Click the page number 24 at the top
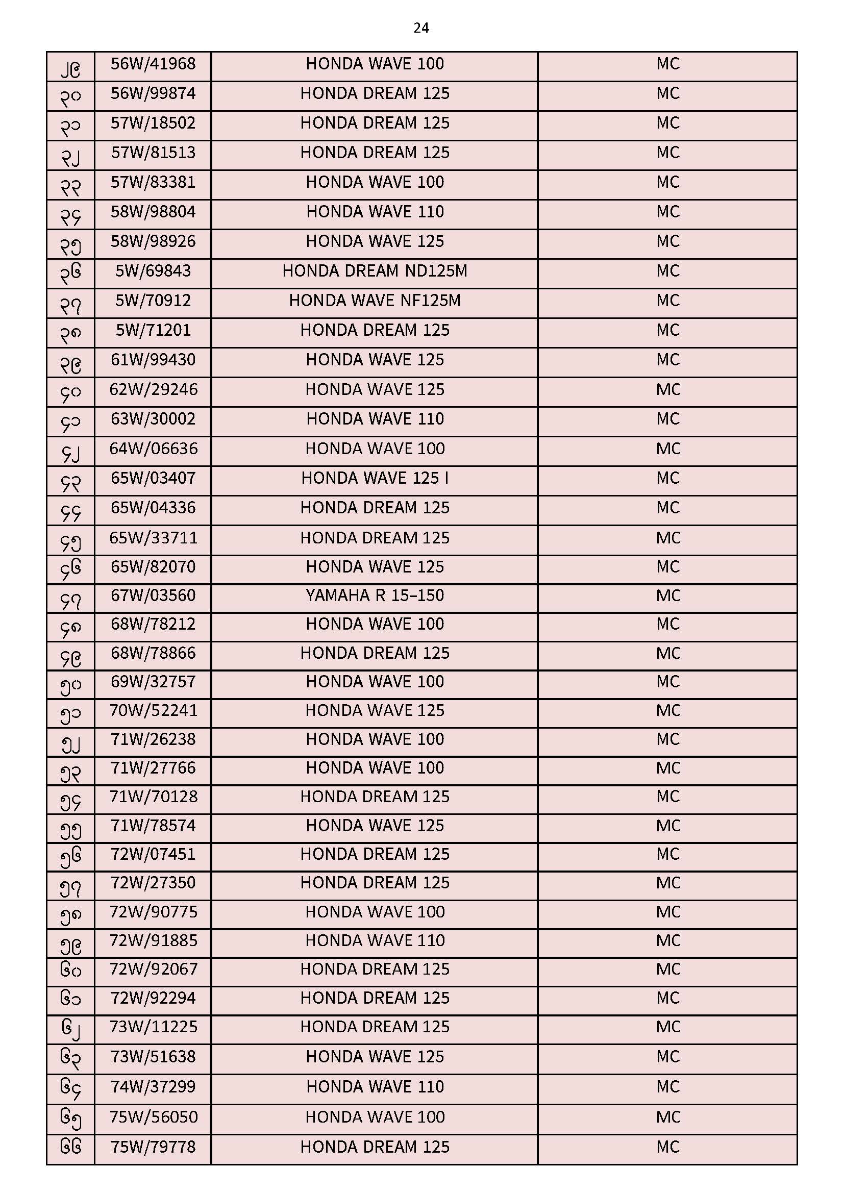pos(421,28)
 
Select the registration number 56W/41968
pos(153,64)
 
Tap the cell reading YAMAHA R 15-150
pos(375,595)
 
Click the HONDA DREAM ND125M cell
pos(375,271)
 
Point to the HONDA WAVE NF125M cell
pos(375,301)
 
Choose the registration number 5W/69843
pos(153,271)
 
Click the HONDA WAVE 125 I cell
pos(375,478)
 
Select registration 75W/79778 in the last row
pos(153,1147)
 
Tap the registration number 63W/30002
pos(153,419)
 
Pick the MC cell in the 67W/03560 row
pos(668,595)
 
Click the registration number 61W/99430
pos(153,360)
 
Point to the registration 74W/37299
pos(153,1086)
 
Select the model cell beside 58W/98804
pos(375,211)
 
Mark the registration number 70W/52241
pos(153,710)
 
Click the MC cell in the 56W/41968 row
pos(668,64)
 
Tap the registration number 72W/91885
pos(153,940)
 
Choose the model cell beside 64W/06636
pos(375,449)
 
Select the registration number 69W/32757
pos(153,682)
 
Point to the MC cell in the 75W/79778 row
pos(668,1147)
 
